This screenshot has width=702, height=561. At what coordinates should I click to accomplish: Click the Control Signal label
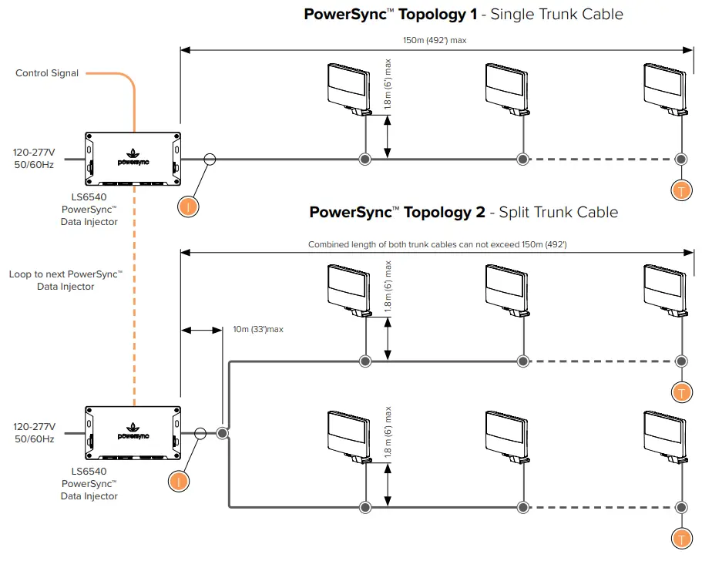coord(47,73)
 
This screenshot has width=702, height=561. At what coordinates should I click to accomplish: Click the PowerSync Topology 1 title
coord(463,14)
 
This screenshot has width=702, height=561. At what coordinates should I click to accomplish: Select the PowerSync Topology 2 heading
coord(463,212)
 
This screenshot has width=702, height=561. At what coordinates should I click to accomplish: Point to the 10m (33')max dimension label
coord(258,329)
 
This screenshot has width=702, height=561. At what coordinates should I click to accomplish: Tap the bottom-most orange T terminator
coord(680,539)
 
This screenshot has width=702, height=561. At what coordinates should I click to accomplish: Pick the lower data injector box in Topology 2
coord(133,433)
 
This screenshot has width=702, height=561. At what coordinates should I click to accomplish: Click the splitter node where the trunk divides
coord(222,433)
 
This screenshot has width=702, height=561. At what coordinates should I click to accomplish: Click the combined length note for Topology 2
coord(437,244)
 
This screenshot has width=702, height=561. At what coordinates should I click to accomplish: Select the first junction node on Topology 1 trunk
coord(365,159)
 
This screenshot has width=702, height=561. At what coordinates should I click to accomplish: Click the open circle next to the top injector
coord(210,159)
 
